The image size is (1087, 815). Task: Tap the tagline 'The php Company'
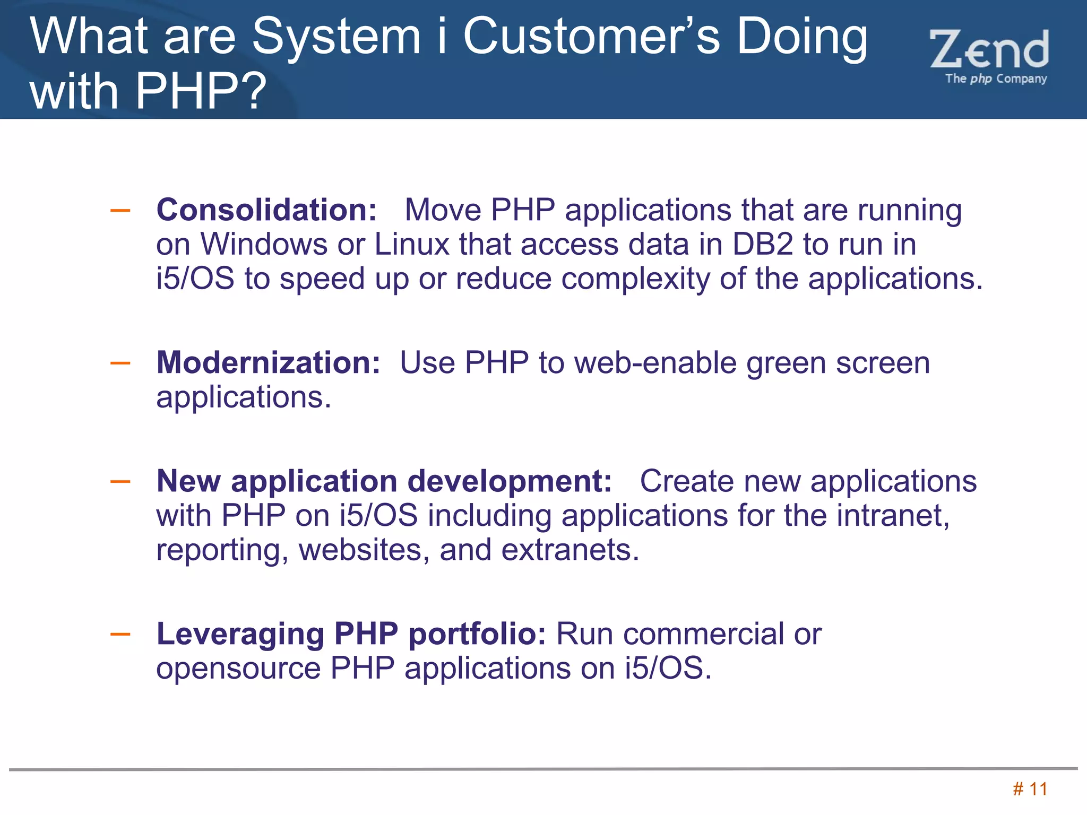[x=996, y=79]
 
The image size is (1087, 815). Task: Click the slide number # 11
[x=1030, y=789]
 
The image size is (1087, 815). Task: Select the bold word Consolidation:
[x=266, y=210]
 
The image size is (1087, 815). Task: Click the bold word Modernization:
[x=268, y=363]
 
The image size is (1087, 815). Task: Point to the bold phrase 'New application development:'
[x=384, y=481]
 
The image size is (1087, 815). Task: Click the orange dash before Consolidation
[x=120, y=211]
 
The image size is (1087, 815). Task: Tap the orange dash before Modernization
[x=120, y=363]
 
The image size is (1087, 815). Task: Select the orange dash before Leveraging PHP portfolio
[x=120, y=634]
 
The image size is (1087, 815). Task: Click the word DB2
[x=763, y=244]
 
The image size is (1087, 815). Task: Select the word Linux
[x=412, y=244]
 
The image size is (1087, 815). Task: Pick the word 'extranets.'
[x=571, y=550]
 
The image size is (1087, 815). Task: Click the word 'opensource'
[x=238, y=667]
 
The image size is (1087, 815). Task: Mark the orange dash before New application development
[x=120, y=482]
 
